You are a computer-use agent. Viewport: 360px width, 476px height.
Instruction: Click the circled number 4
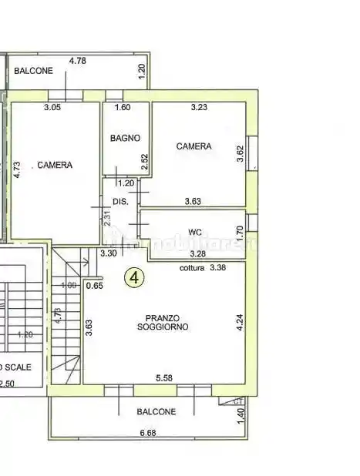click(x=135, y=278)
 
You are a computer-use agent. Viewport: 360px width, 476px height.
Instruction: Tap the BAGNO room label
click(x=125, y=139)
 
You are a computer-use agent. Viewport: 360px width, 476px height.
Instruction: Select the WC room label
click(x=194, y=230)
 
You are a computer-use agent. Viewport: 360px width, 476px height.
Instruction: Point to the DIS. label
click(x=120, y=202)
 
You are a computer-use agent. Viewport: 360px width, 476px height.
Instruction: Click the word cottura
click(x=192, y=269)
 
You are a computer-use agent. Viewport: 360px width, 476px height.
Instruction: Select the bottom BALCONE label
click(x=156, y=411)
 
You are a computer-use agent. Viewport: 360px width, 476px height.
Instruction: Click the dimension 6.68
click(x=148, y=433)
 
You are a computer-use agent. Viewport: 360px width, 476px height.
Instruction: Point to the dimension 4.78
click(x=77, y=59)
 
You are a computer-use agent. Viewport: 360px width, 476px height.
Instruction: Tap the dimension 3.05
click(x=52, y=107)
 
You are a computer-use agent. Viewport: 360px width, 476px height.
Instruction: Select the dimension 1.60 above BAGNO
click(x=123, y=107)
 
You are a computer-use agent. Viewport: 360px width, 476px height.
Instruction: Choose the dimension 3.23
click(x=200, y=107)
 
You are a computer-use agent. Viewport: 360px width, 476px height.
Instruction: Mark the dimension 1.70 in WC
click(x=239, y=230)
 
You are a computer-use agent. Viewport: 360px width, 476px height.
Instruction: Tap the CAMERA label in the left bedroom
click(x=55, y=165)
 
